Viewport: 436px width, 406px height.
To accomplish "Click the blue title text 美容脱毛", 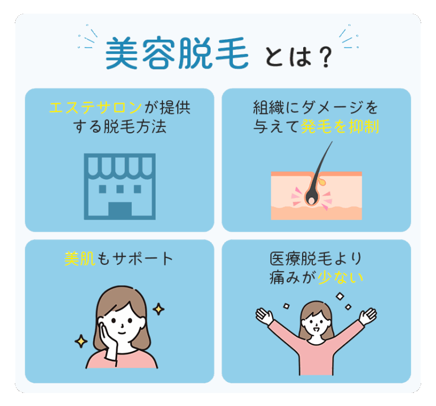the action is pos(177,53).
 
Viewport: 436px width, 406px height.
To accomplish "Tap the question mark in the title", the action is pos(325,57).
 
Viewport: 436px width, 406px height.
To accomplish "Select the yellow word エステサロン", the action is pos(95,108).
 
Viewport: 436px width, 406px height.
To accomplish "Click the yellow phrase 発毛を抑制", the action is pos(340,127).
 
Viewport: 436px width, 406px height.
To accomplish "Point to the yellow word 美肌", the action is pos(80,259).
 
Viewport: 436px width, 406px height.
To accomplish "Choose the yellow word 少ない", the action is pos(341,277).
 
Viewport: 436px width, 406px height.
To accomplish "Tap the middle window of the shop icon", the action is pos(120,189).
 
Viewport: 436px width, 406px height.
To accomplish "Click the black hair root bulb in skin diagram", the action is pos(312,198).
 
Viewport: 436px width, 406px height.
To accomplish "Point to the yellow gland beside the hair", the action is pos(322,181).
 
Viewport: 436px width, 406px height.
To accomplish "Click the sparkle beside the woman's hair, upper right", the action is pos(158,309).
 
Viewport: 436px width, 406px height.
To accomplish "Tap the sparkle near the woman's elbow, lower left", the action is pos(81,341).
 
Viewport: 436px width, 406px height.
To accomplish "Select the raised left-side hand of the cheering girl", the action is pos(264,316).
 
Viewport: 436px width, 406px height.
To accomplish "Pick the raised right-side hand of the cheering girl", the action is pos(368,316).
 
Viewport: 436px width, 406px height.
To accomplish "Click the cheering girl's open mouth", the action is pos(316,329).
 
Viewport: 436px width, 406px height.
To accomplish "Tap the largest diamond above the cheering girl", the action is pos(340,297).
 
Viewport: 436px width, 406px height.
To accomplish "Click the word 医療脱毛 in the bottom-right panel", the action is pos(301,259).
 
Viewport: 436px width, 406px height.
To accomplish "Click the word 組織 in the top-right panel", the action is pos(269,108).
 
